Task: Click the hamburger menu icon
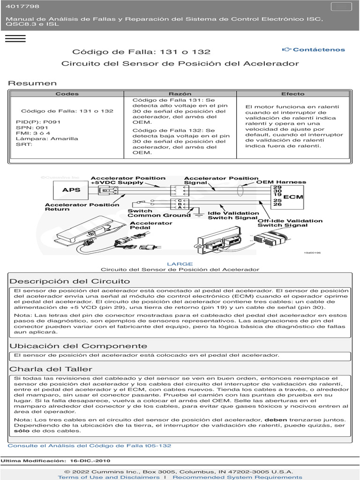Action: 15,38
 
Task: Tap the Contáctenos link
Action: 314,50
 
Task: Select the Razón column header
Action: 180,94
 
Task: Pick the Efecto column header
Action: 292,94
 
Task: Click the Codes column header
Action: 67,94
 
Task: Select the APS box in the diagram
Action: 71,190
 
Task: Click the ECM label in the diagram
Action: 293,197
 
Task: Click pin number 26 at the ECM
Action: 277,204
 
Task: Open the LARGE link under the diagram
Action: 180,264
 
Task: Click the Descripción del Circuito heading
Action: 70,281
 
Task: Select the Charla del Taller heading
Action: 51,369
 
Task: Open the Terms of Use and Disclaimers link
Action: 109,477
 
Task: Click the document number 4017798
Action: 22,7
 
